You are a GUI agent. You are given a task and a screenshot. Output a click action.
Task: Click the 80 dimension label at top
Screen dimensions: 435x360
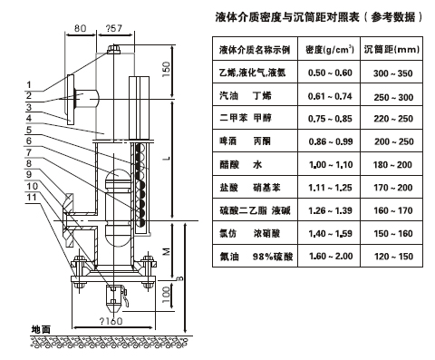(80, 28)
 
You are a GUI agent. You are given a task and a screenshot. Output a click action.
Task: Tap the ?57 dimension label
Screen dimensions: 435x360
(114, 28)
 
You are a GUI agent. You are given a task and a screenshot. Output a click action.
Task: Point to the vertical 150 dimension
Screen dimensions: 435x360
(167, 69)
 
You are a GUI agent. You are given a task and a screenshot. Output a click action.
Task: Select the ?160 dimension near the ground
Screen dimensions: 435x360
(111, 321)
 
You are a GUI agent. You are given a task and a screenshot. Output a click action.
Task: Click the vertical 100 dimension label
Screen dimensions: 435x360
(167, 295)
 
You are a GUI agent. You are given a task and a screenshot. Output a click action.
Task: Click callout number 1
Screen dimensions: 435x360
(29, 85)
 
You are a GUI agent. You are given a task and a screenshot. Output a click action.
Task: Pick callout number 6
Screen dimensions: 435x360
(29, 141)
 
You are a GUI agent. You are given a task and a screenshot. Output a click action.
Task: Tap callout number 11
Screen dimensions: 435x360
(32, 198)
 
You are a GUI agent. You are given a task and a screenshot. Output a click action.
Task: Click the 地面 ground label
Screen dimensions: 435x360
(41, 329)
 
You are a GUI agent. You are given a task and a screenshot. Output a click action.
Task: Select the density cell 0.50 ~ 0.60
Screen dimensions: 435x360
(330, 73)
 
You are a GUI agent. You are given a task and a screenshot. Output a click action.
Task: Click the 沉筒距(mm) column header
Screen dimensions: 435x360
(391, 49)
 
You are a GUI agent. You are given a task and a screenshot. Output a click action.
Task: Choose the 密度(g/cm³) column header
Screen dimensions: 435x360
(330, 49)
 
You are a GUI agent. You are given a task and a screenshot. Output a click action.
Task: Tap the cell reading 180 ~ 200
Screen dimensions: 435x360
(392, 165)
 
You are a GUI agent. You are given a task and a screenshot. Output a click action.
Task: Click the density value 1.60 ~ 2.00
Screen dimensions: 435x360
(331, 257)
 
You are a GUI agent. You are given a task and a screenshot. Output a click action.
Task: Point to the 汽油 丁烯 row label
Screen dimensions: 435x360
(246, 96)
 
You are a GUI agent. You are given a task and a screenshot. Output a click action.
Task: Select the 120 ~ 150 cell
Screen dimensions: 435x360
(393, 257)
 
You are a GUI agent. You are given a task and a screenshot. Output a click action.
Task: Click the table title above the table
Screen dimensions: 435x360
(319, 16)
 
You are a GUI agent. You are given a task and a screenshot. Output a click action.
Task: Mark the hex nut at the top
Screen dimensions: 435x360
(114, 49)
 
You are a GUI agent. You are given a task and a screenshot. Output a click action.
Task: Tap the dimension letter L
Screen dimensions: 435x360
(167, 159)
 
